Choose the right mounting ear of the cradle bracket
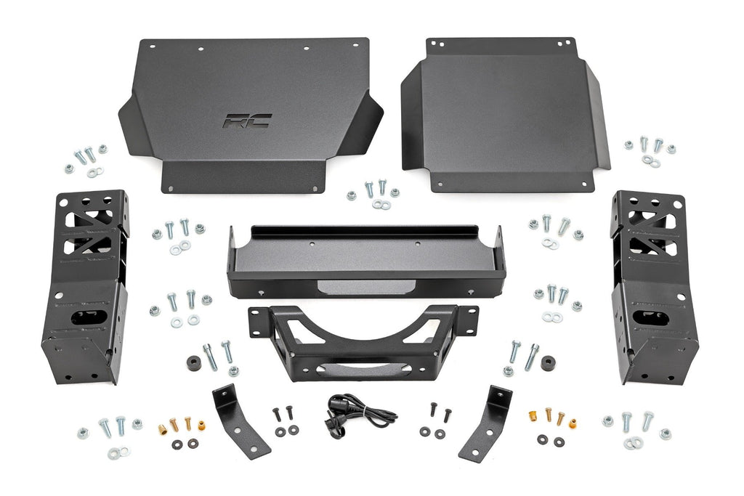tap(469, 320)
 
